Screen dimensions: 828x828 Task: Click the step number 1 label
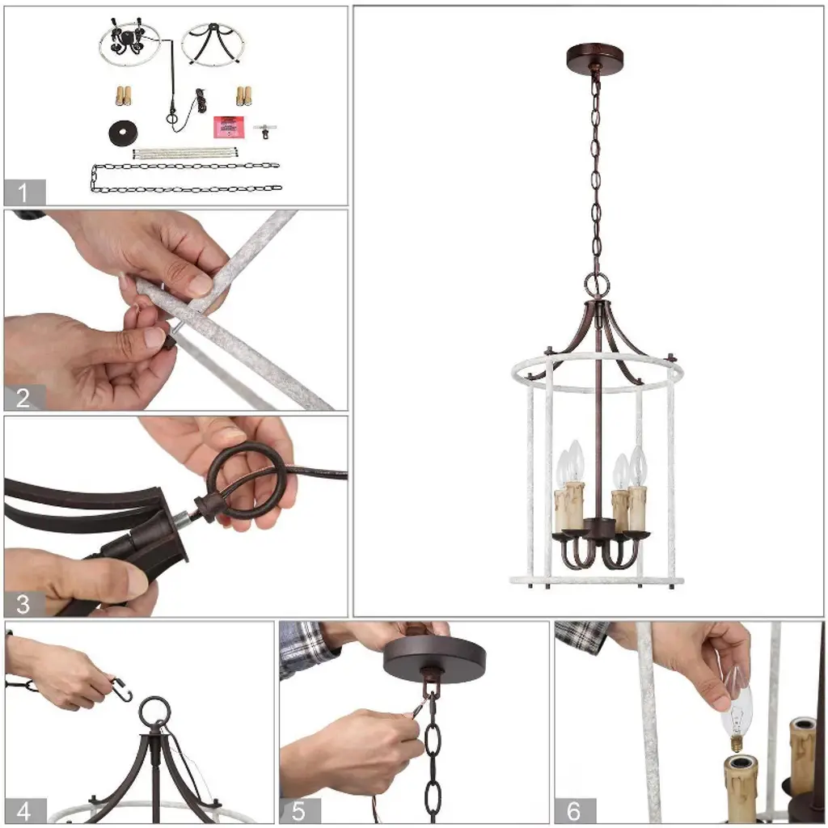tap(23, 192)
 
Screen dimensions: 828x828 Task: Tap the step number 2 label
tap(23, 398)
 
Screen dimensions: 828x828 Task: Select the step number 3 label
tap(23, 604)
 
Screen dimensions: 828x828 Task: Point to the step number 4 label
tap(23, 811)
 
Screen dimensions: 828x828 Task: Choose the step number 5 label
tap(298, 811)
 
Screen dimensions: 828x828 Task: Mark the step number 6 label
tap(573, 811)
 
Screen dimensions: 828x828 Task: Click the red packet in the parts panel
tap(229, 127)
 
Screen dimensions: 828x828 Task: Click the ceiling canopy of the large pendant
tap(594, 54)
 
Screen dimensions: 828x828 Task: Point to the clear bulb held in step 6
tap(737, 708)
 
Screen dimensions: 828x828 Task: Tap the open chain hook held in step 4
tap(123, 689)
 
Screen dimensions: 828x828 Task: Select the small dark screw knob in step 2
tap(169, 342)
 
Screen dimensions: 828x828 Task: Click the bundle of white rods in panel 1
tap(185, 153)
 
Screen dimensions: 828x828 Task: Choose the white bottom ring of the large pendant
tap(596, 581)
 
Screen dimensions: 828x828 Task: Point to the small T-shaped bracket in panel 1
tap(264, 130)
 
